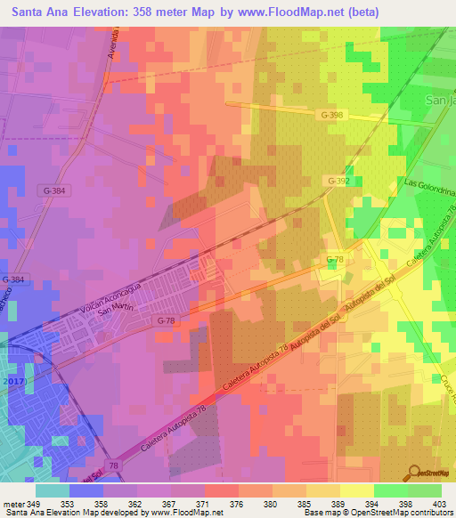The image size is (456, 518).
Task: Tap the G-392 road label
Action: [x=338, y=180]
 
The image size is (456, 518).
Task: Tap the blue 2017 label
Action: [x=13, y=381]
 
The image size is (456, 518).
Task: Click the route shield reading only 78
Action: [x=113, y=465]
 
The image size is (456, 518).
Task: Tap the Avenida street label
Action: [x=113, y=44]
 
